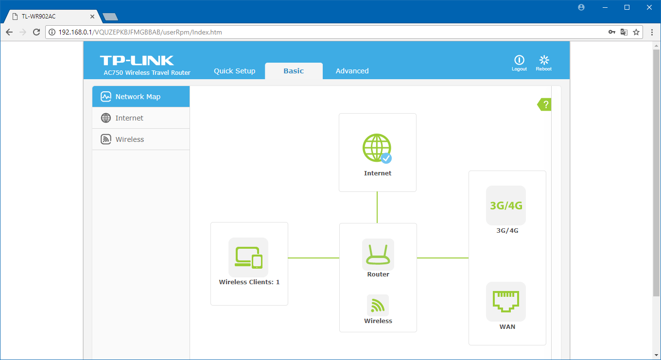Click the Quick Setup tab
pos(235,71)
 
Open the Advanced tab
pos(352,71)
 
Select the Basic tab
pos(294,71)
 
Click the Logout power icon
pos(519,60)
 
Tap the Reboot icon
pos(544,60)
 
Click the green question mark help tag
pos(544,104)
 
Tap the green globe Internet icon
pos(377,148)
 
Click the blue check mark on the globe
pos(386,158)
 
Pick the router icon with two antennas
pos(378,255)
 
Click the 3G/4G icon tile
pos(506,206)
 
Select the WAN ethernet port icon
pos(506,302)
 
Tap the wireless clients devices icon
pos(248,257)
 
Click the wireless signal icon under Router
pos(378,306)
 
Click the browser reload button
pos(36,32)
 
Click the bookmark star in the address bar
pos(636,32)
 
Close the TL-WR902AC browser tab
pos(92,17)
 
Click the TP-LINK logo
pos(137,60)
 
